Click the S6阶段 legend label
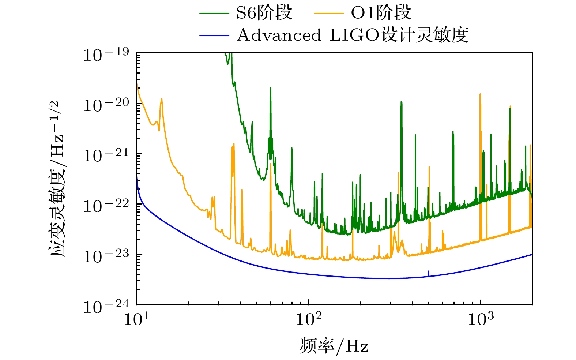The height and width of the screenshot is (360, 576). pyautogui.click(x=264, y=13)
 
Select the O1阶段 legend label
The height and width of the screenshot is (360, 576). pyautogui.click(x=381, y=13)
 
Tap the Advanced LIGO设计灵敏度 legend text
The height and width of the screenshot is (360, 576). pyautogui.click(x=353, y=35)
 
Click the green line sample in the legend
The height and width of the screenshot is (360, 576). pyautogui.click(x=214, y=14)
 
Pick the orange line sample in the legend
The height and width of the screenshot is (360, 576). pyautogui.click(x=328, y=14)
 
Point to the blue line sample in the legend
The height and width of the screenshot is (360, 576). pyautogui.click(x=214, y=35)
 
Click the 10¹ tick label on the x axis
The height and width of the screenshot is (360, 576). pyautogui.click(x=136, y=319)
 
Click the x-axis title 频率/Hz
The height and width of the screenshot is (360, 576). pyautogui.click(x=334, y=345)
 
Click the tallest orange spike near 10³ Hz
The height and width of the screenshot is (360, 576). pyautogui.click(x=480, y=95)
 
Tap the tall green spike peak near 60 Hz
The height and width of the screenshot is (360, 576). pyautogui.click(x=271, y=88)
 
